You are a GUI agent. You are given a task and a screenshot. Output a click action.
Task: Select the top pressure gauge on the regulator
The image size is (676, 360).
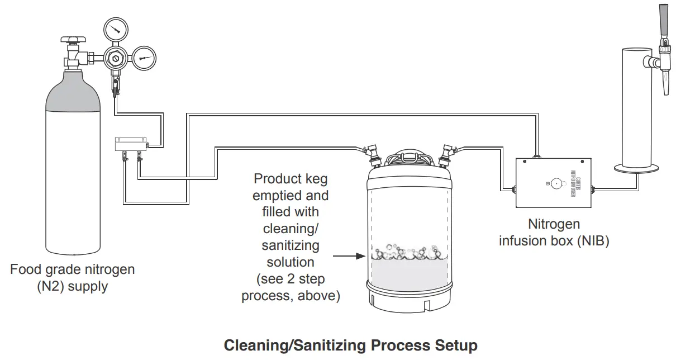point(116,28)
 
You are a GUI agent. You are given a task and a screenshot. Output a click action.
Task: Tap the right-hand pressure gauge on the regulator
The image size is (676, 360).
point(144,58)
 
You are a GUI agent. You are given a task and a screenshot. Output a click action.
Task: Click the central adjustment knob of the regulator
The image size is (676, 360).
point(116,58)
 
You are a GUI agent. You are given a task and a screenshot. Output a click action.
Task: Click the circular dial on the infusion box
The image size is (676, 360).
point(555,183)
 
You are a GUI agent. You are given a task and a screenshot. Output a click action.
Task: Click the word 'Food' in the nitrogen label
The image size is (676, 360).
point(25,269)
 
